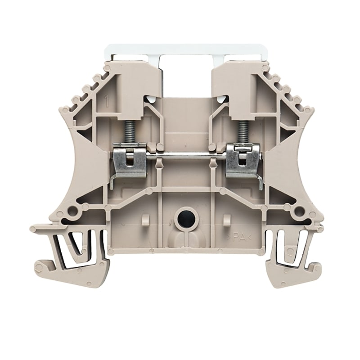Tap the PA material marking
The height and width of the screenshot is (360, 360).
[x=241, y=237]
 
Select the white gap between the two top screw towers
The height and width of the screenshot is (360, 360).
[x=186, y=74]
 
